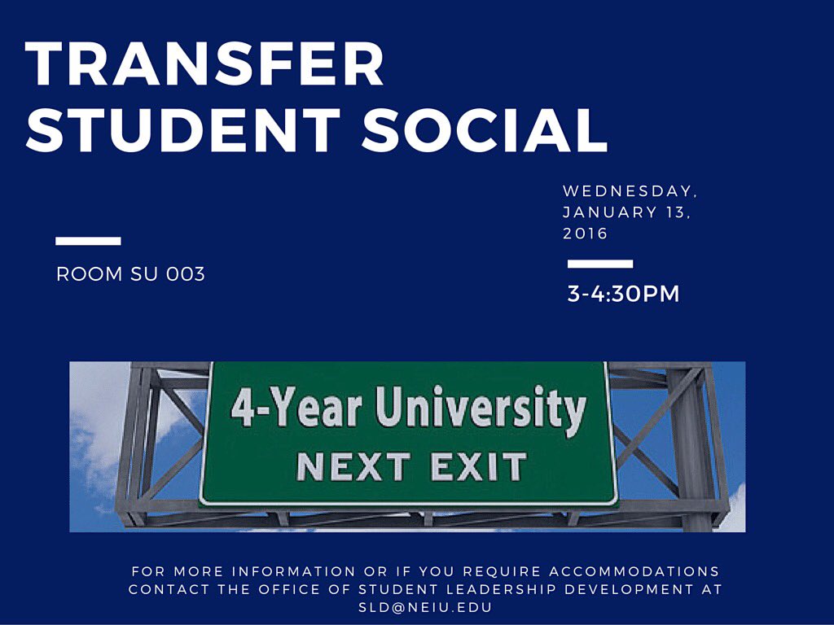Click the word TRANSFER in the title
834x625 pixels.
pos(204,65)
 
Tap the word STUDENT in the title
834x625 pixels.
pos(183,129)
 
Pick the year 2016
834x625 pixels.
pos(586,234)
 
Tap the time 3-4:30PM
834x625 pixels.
pos(623,294)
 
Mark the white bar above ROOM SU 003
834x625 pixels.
pos(88,241)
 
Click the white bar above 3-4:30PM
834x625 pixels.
pos(600,264)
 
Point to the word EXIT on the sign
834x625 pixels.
pos(478,467)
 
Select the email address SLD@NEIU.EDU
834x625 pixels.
pos(425,607)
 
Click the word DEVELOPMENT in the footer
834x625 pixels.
pos(628,589)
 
